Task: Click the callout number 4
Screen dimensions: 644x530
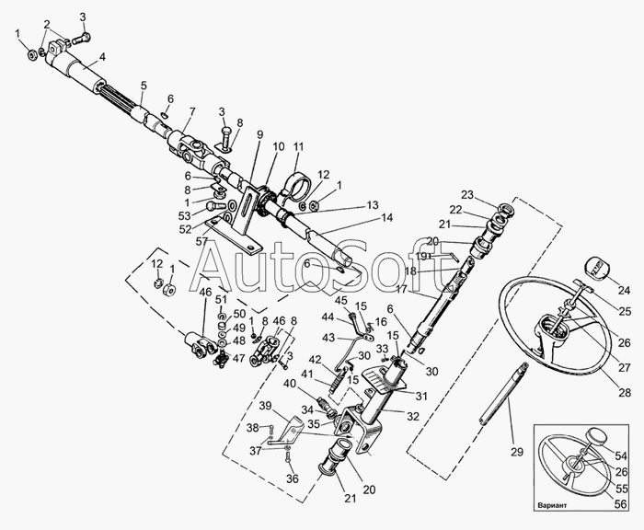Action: pos(102,56)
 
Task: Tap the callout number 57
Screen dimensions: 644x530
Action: pos(200,241)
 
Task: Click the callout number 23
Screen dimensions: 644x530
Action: pos(467,194)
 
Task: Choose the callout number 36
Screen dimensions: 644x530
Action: pos(293,478)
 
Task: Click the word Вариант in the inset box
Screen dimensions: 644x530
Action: pos(560,505)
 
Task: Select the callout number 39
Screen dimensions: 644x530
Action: pos(265,406)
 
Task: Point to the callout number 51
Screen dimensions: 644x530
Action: pos(221,299)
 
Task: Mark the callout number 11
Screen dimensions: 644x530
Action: pos(297,147)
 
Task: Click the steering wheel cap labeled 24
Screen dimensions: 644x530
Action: pos(597,269)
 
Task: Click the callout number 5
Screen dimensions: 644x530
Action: pos(144,86)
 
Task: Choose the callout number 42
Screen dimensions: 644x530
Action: pos(315,359)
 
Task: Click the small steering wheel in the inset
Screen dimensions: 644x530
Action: pos(573,466)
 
